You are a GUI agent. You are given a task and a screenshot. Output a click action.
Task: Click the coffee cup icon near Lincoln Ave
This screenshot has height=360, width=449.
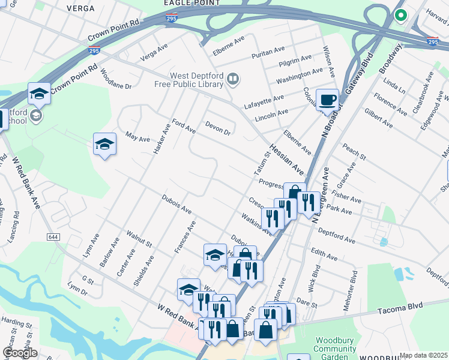tap(327, 99)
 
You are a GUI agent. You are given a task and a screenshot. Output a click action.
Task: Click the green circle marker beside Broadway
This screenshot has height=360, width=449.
tap(399, 16)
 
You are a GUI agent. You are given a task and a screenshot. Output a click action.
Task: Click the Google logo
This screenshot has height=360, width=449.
tap(19, 353)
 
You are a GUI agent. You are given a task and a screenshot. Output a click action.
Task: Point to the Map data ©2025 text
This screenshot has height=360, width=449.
tap(424, 355)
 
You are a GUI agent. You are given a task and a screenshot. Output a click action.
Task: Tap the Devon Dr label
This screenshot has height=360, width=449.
tap(218, 128)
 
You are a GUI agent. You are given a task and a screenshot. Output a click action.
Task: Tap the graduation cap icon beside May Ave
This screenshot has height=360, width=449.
tap(104, 144)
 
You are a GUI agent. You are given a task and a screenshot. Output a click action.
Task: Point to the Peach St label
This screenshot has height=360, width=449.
tap(354, 152)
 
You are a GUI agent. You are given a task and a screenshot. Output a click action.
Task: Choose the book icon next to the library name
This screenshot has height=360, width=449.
tap(233, 79)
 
